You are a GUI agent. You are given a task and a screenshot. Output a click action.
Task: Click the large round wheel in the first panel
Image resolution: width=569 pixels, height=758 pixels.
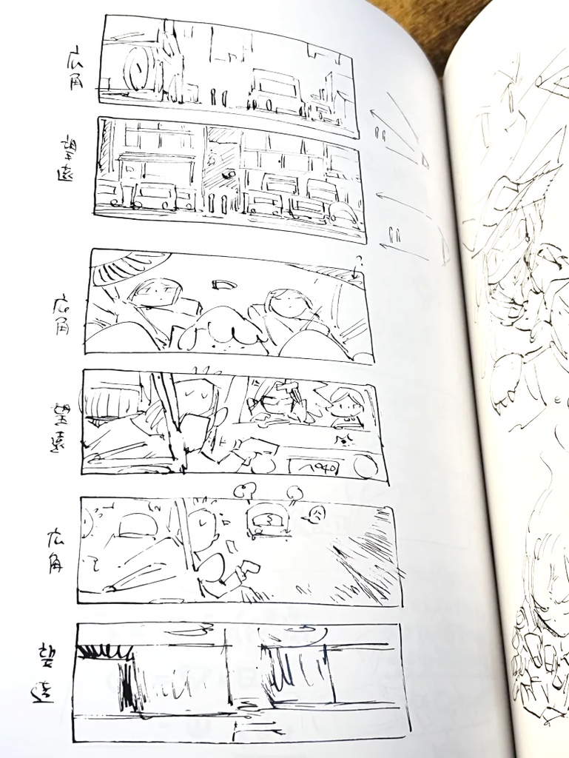(139, 70)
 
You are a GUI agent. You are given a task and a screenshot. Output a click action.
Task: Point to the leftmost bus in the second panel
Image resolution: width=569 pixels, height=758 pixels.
(155, 195)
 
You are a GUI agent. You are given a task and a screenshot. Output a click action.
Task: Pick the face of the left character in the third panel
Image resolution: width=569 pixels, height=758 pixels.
(157, 292)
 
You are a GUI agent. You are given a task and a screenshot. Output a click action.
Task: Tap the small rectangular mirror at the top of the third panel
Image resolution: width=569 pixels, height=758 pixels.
(223, 284)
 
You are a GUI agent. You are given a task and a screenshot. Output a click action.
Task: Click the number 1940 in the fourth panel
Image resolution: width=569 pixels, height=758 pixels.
(314, 468)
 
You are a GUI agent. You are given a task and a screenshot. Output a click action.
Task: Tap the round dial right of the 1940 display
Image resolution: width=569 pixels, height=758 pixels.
(364, 467)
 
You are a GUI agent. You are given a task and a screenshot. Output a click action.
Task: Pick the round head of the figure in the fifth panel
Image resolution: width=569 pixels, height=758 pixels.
(201, 526)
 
